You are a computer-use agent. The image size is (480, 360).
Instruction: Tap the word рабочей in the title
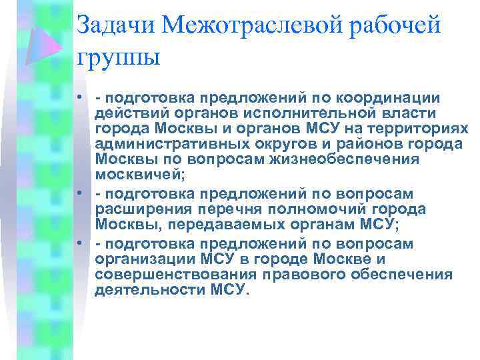(x=399, y=27)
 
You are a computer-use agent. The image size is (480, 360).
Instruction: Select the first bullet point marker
(x=79, y=99)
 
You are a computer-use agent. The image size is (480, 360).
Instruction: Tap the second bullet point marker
(x=79, y=193)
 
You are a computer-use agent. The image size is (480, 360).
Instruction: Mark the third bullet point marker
(x=79, y=243)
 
